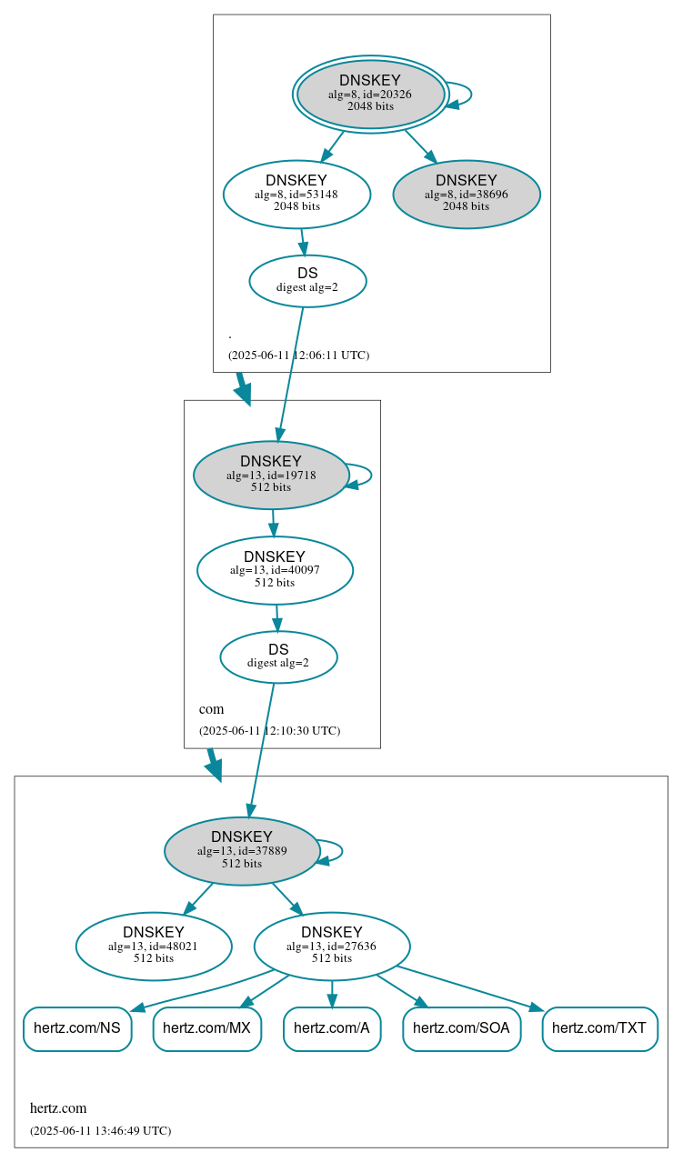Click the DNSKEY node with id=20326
point(370,94)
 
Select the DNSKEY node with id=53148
point(296,193)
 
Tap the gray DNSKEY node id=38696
point(467,194)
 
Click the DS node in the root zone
point(307,281)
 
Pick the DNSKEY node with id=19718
point(271,475)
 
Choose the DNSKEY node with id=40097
point(275,570)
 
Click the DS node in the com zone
point(278,656)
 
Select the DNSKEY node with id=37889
point(242,850)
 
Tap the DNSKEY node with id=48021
point(154,946)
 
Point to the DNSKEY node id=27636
point(332,946)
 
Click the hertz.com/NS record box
point(77,1028)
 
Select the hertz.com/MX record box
point(207,1028)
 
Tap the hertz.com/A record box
point(332,1028)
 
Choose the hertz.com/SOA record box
point(462,1028)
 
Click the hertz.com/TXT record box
point(599,1028)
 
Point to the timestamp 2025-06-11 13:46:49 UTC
point(100,1130)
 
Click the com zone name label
point(211,709)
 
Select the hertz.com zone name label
point(58,1107)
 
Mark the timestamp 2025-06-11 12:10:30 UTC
point(269,730)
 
